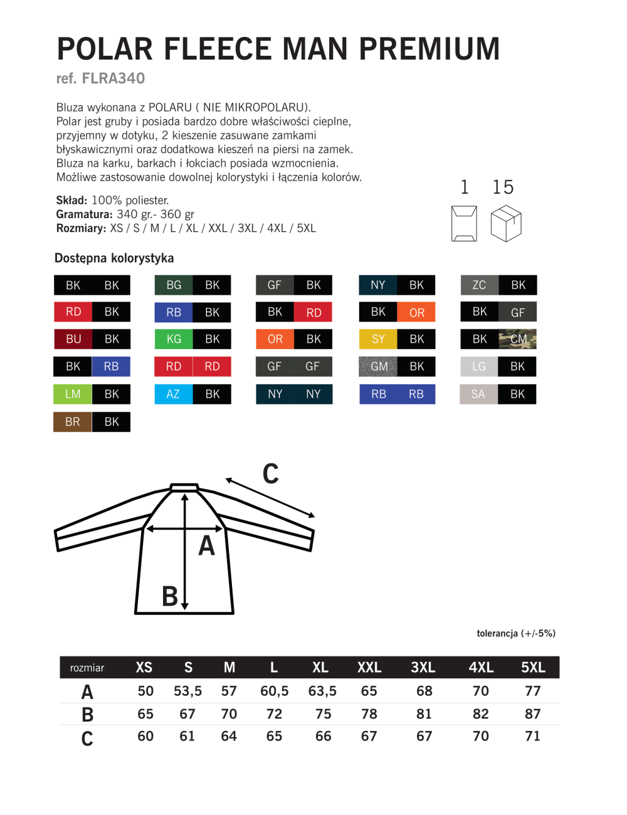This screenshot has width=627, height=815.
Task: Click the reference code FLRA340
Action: pos(113,78)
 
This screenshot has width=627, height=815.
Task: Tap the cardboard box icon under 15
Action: pos(506,224)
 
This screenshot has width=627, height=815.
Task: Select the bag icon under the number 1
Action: pos(464,223)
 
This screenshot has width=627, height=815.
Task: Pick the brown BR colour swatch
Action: pos(73,422)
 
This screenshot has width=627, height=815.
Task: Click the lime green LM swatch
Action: pos(73,394)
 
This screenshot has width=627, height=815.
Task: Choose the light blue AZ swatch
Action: pos(174,394)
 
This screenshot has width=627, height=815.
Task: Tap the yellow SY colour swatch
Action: pos(378,339)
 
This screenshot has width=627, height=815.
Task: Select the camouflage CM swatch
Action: pos(518,339)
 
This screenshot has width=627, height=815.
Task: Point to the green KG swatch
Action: pos(174,339)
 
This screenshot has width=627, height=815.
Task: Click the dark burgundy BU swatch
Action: pos(73,339)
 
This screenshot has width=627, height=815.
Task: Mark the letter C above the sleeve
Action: pos(271,474)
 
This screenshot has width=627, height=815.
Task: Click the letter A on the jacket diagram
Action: pos(207,546)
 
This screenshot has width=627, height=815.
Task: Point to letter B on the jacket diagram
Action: pos(170,596)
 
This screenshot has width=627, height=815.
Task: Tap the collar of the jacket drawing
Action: pos(185,487)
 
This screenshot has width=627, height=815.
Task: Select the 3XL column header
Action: pos(423,668)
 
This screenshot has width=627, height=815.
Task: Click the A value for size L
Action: pos(275,691)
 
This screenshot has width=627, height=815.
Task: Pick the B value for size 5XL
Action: pos(533,714)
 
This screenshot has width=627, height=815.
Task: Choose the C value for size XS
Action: pos(145,736)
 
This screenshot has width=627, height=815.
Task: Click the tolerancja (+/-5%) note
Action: pos(516,633)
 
